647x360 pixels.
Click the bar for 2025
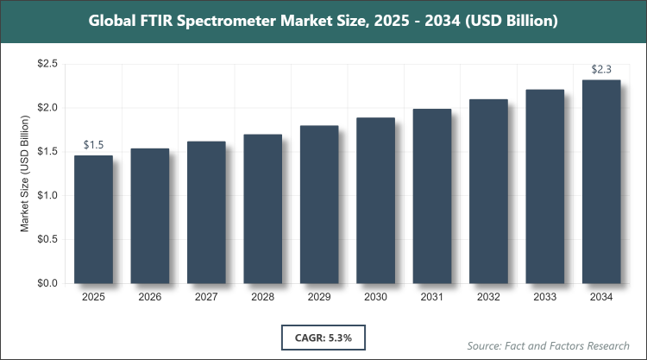click(x=93, y=219)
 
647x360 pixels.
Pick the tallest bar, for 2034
click(x=601, y=181)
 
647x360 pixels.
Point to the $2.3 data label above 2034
click(x=601, y=70)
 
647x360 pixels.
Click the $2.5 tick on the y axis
click(x=47, y=64)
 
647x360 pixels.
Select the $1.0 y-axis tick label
click(x=47, y=196)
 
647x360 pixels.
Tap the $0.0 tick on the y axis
click(x=47, y=283)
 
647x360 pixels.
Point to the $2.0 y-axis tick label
click(x=47, y=108)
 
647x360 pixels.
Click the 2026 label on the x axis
click(x=150, y=298)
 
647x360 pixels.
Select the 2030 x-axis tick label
click(x=376, y=298)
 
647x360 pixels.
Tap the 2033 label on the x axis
click(x=545, y=298)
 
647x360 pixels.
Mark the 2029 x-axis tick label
click(x=319, y=298)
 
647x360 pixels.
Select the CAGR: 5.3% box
click(x=323, y=334)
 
